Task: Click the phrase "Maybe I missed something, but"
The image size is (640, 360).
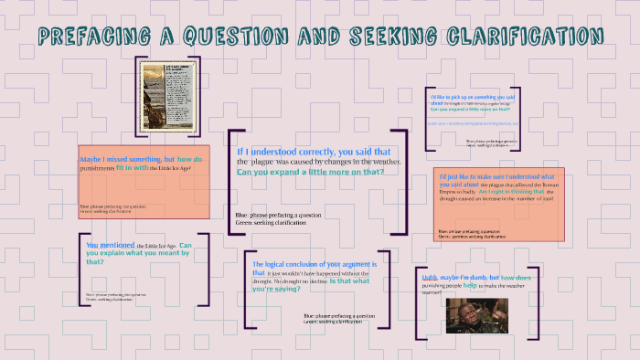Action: [126, 159]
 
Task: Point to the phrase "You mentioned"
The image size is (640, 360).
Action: [110, 245]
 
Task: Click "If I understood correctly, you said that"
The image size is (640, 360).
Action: [314, 152]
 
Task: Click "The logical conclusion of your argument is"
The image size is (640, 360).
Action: [315, 264]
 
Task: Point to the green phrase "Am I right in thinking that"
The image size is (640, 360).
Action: [511, 192]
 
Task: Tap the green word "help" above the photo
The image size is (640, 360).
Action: [470, 285]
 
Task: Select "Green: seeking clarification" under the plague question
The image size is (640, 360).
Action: [272, 221]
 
